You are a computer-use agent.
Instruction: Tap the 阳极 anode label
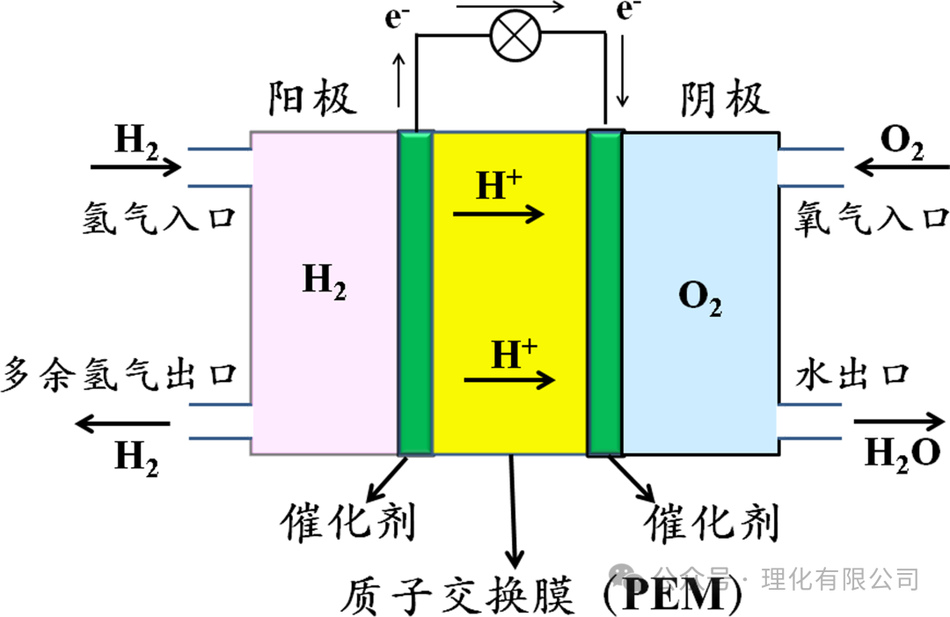pyautogui.click(x=312, y=100)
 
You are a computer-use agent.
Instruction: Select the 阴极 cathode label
pyautogui.click(x=724, y=100)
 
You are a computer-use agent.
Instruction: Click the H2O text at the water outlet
pyautogui.click(x=902, y=453)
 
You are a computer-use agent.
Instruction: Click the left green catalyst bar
pyautogui.click(x=415, y=293)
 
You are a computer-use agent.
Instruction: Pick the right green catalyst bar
pyautogui.click(x=604, y=293)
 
